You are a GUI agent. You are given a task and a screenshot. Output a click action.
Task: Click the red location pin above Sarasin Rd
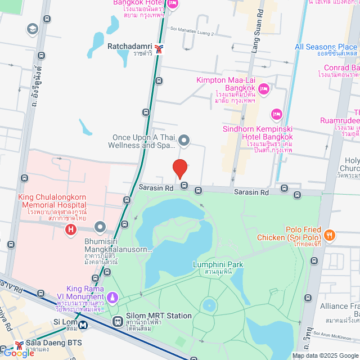point(179,169)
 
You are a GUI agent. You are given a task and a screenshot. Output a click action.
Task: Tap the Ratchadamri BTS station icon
point(160,48)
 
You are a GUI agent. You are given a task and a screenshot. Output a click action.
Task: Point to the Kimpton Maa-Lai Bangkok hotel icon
point(264,88)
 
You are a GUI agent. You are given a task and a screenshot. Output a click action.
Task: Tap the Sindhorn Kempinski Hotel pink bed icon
point(276,115)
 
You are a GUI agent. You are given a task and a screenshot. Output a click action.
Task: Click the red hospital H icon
point(70,229)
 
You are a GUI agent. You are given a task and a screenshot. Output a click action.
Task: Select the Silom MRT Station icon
point(118,321)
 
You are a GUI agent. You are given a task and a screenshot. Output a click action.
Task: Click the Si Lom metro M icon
point(83,324)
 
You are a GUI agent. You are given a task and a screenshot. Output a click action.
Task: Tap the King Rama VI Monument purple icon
point(112,296)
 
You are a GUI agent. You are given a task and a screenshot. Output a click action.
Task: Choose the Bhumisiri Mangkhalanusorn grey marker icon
point(101,227)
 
